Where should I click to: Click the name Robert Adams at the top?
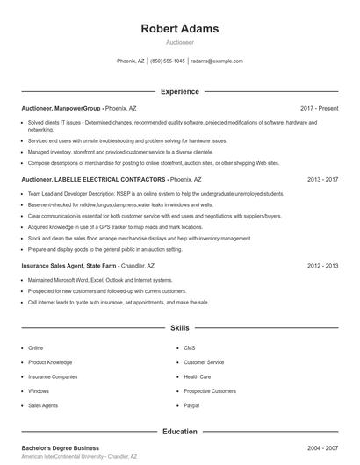click(179, 29)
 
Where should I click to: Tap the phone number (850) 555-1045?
click(167, 61)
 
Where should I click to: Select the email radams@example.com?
click(216, 61)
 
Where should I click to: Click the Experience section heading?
click(179, 91)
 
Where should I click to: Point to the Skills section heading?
click(179, 327)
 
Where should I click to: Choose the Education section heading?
click(179, 432)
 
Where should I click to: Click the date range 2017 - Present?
click(319, 109)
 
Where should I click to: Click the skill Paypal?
click(191, 405)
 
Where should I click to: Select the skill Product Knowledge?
click(50, 362)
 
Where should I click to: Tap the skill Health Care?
click(198, 376)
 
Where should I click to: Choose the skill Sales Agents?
click(43, 405)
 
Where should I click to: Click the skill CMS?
click(189, 348)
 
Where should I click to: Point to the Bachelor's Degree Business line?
click(60, 447)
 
